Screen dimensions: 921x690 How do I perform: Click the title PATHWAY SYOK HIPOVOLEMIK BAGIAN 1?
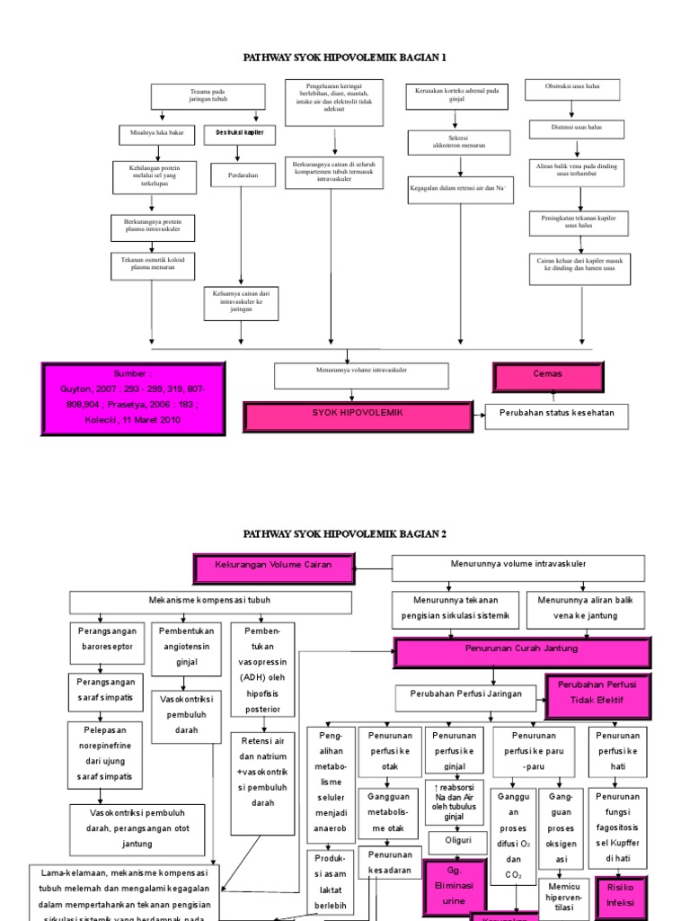click(345, 57)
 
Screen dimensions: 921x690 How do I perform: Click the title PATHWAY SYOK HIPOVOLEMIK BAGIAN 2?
click(345, 533)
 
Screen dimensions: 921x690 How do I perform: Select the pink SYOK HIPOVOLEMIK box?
click(358, 416)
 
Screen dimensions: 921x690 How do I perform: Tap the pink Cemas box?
click(548, 374)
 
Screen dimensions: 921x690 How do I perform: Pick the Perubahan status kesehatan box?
click(556, 416)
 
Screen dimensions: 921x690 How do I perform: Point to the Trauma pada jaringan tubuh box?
click(208, 96)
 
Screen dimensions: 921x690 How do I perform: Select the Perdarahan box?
click(240, 175)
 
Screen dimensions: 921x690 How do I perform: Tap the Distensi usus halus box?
click(577, 129)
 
